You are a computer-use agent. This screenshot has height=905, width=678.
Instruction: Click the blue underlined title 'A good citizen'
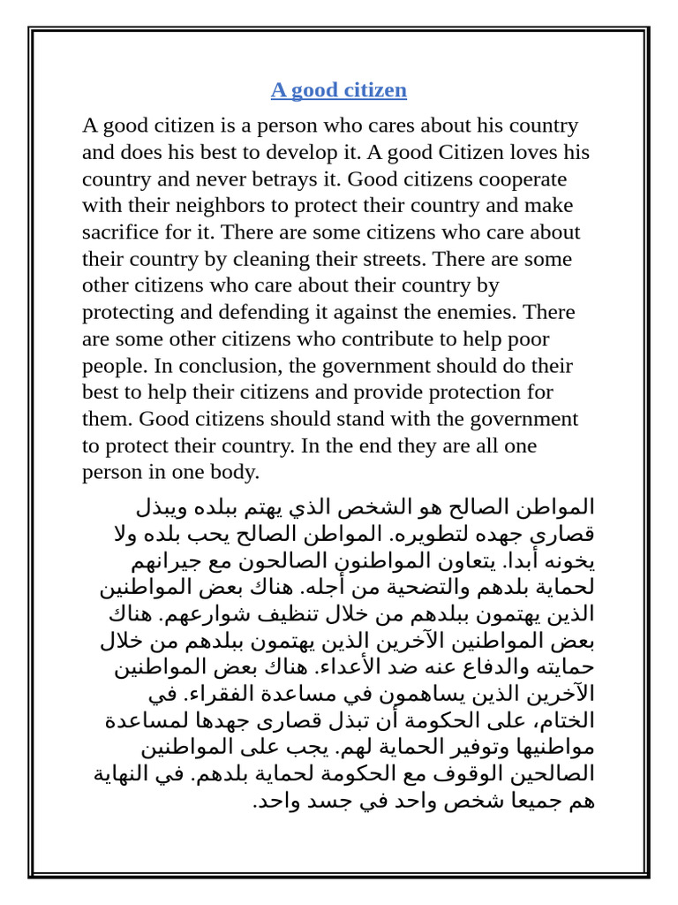point(338,90)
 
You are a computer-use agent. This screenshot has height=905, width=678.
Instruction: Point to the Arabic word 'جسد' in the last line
point(313,801)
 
